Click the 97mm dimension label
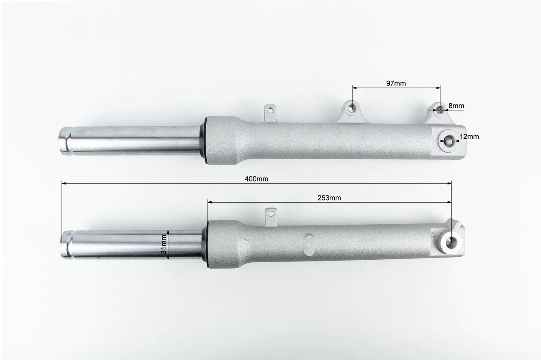coord(396,83)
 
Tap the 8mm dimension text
coord(456,106)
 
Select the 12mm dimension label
coord(469,137)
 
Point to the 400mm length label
coord(256,179)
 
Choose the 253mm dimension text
coord(329,198)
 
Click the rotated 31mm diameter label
coord(164,245)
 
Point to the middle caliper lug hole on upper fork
coord(352,107)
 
